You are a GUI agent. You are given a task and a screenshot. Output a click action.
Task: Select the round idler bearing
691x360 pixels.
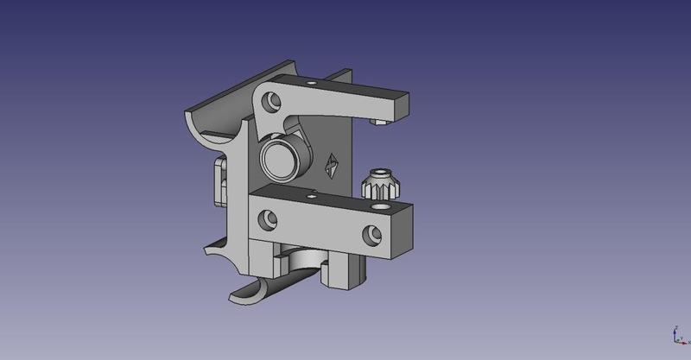280,158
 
